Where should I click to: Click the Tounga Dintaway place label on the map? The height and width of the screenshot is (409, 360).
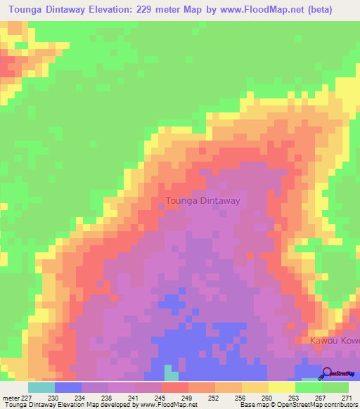pyautogui.click(x=202, y=201)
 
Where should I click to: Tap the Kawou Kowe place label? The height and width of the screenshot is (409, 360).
pyautogui.click(x=334, y=340)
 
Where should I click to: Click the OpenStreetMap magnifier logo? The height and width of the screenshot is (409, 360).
pyautogui.click(x=328, y=374)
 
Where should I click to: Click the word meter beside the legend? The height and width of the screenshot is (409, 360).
pyautogui.click(x=11, y=397)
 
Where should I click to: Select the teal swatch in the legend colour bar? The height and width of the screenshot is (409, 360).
pyautogui.click(x=41, y=387)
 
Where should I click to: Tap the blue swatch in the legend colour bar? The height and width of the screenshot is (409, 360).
pyautogui.click(x=67, y=387)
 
